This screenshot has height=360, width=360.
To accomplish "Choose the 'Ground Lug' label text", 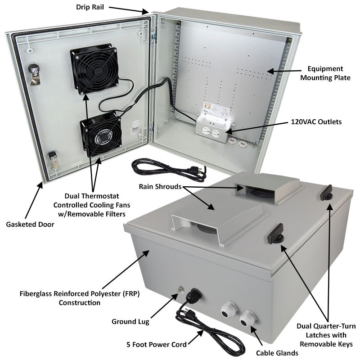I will pos(130,322).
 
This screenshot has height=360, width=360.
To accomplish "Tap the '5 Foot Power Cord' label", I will pos(156,345).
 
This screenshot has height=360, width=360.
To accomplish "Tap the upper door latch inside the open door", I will pos(34,72).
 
